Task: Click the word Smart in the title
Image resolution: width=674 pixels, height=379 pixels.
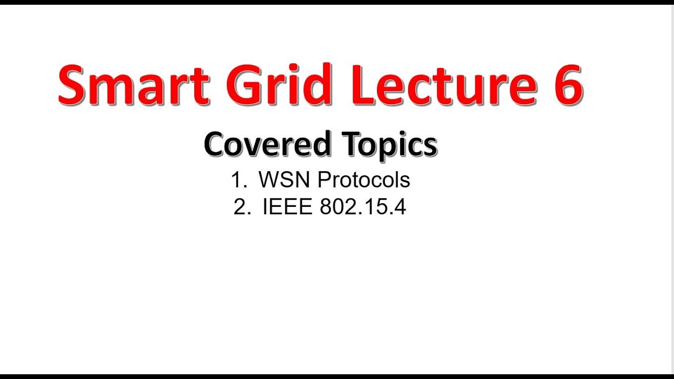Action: (x=134, y=84)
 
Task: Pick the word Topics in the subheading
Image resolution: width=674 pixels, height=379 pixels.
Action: (x=389, y=144)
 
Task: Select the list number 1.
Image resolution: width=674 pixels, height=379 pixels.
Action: (x=237, y=180)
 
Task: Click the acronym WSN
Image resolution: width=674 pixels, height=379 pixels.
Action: (x=285, y=180)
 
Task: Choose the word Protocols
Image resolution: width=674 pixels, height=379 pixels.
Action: (x=364, y=180)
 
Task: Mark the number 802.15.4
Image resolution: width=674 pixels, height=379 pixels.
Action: (x=363, y=207)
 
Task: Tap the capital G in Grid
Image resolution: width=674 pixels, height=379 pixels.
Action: (x=244, y=84)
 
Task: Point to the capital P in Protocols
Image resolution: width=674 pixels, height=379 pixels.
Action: (x=325, y=180)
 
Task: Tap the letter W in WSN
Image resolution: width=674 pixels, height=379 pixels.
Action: (x=269, y=180)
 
